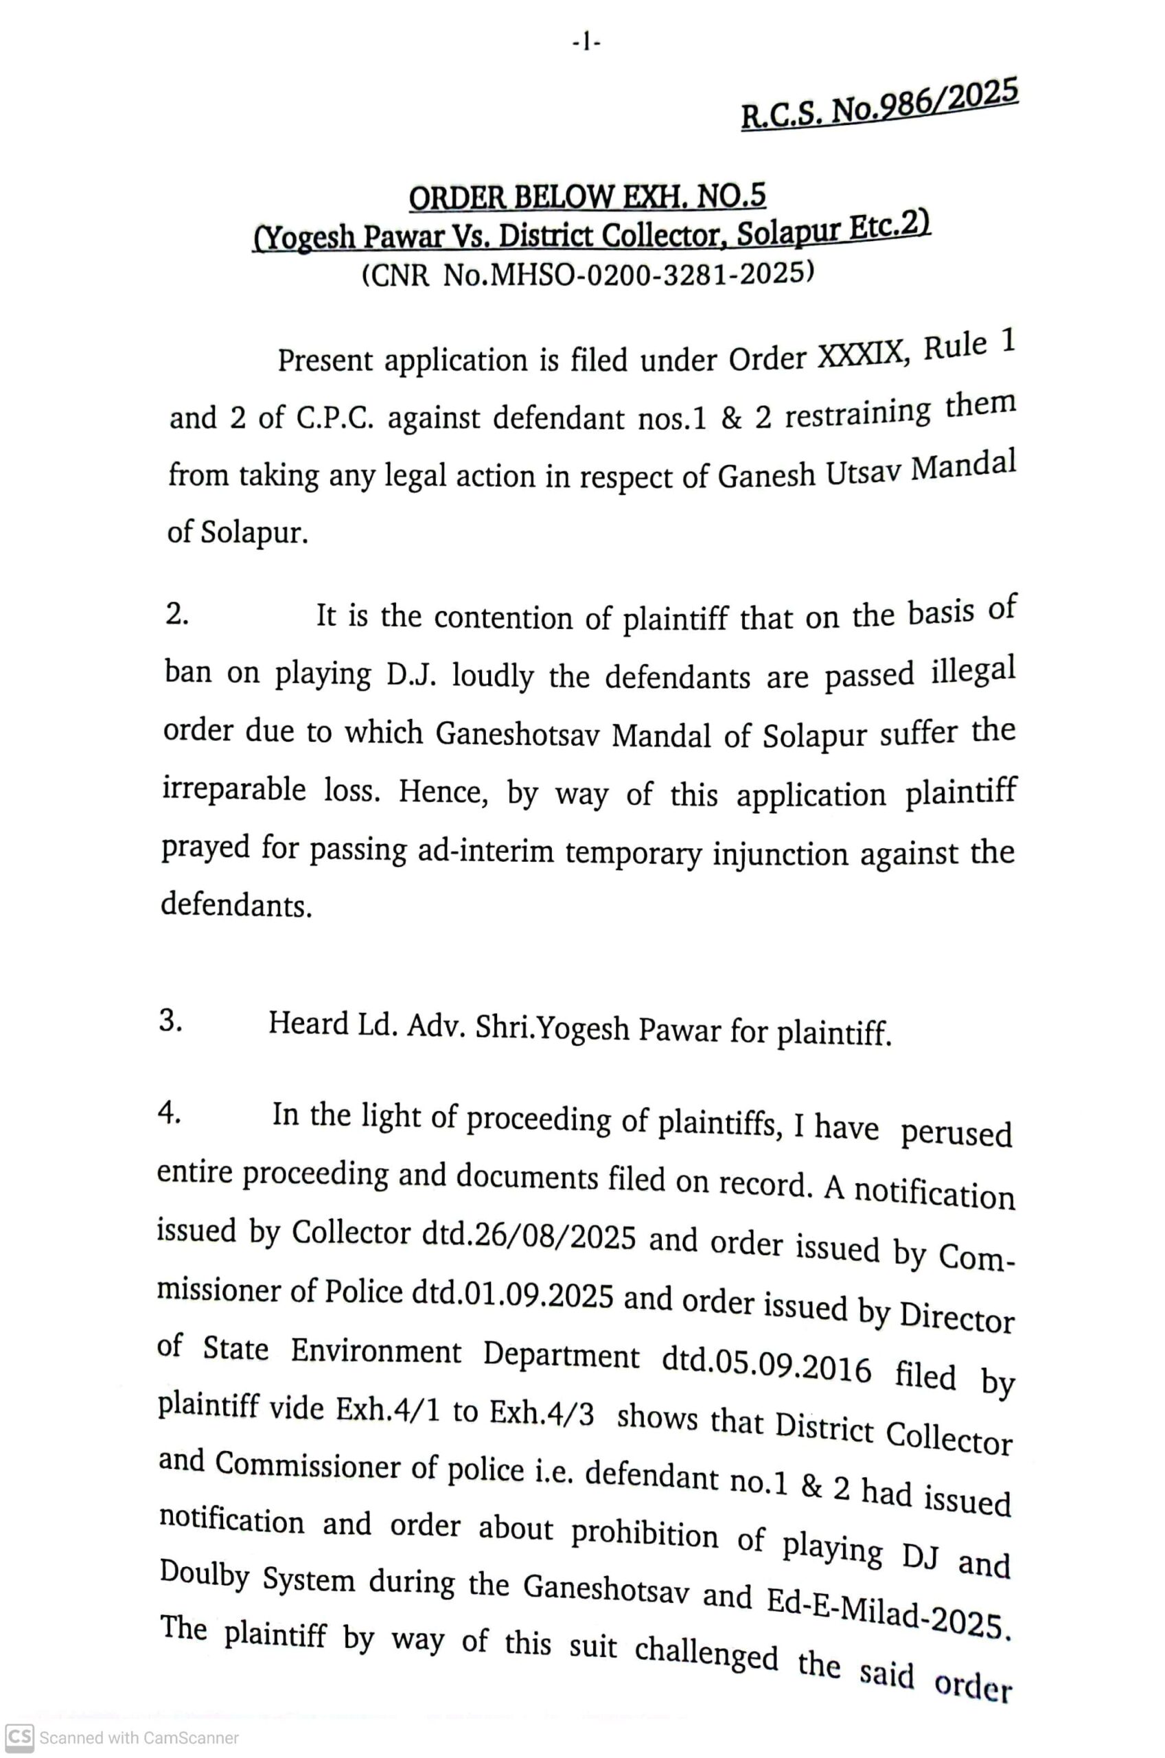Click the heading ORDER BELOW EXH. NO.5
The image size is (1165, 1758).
[587, 197]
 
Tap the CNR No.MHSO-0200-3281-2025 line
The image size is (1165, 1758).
[587, 275]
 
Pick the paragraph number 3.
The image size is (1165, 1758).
[170, 1022]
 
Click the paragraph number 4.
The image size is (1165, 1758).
[170, 1113]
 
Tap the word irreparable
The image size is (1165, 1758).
[234, 789]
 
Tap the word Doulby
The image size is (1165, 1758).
[205, 1575]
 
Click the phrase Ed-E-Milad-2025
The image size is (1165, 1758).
[888, 1612]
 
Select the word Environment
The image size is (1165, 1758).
[376, 1351]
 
